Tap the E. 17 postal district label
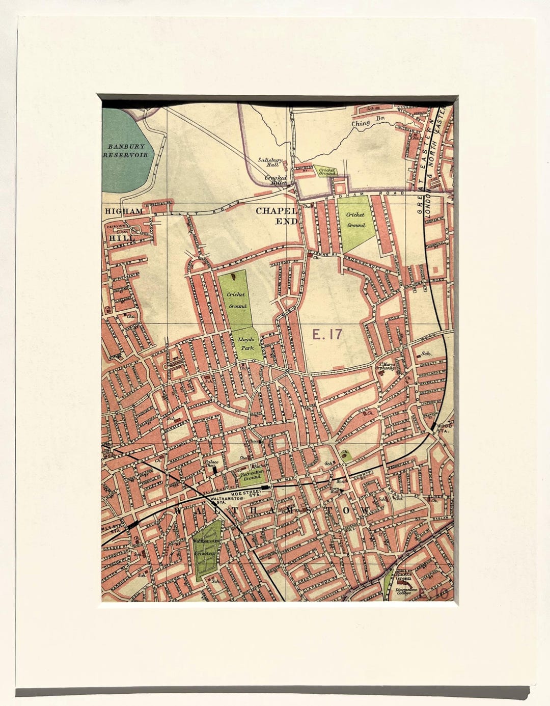coord(327,335)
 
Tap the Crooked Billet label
coord(276,180)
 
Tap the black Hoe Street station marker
coord(265,487)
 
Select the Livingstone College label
coord(406,591)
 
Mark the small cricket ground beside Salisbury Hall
coord(326,171)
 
